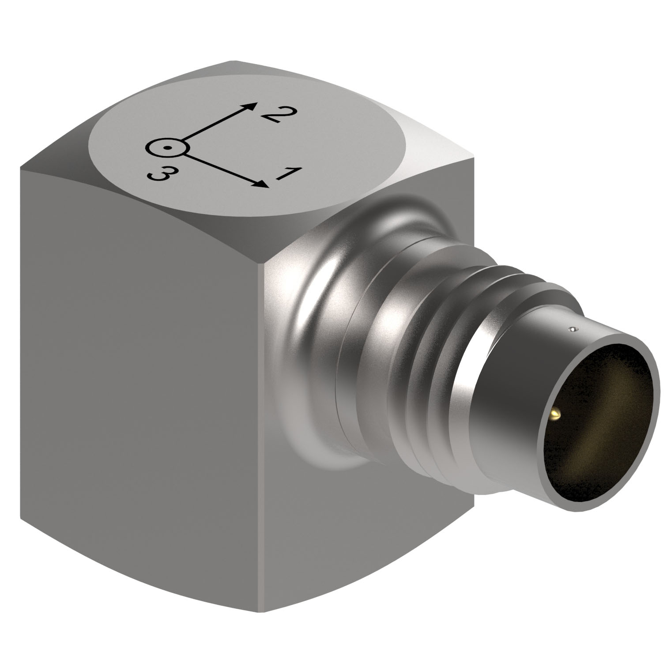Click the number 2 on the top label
tap(276, 116)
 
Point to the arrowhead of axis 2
tap(251, 106)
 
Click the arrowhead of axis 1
tap(263, 184)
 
